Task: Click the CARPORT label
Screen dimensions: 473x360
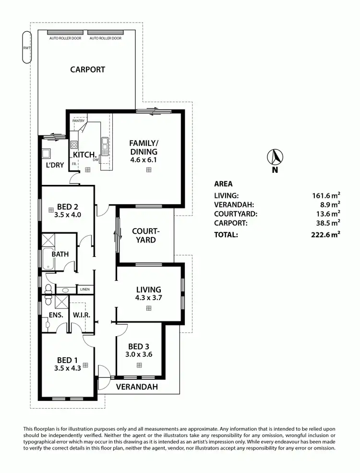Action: tap(87, 69)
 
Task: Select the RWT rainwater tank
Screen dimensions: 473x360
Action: tap(26, 47)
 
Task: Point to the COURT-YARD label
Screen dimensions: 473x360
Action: tap(145, 235)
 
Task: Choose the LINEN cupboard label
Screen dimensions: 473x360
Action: tap(84, 290)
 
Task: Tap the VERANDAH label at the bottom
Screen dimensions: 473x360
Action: tap(137, 387)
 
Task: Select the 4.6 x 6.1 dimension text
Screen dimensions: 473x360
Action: tap(143, 160)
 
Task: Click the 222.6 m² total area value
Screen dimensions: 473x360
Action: tap(325, 235)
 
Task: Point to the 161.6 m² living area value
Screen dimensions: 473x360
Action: tap(325, 195)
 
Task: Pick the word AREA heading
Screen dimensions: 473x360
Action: tap(223, 184)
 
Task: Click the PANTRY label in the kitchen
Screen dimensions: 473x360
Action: tap(78, 121)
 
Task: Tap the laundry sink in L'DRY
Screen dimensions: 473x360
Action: tap(47, 154)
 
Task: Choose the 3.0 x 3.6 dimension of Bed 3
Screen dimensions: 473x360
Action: tap(139, 355)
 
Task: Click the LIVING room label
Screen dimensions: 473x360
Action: tap(148, 290)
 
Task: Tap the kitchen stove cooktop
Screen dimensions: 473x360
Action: tap(74, 145)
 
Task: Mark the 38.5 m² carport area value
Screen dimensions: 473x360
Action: tap(327, 223)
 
